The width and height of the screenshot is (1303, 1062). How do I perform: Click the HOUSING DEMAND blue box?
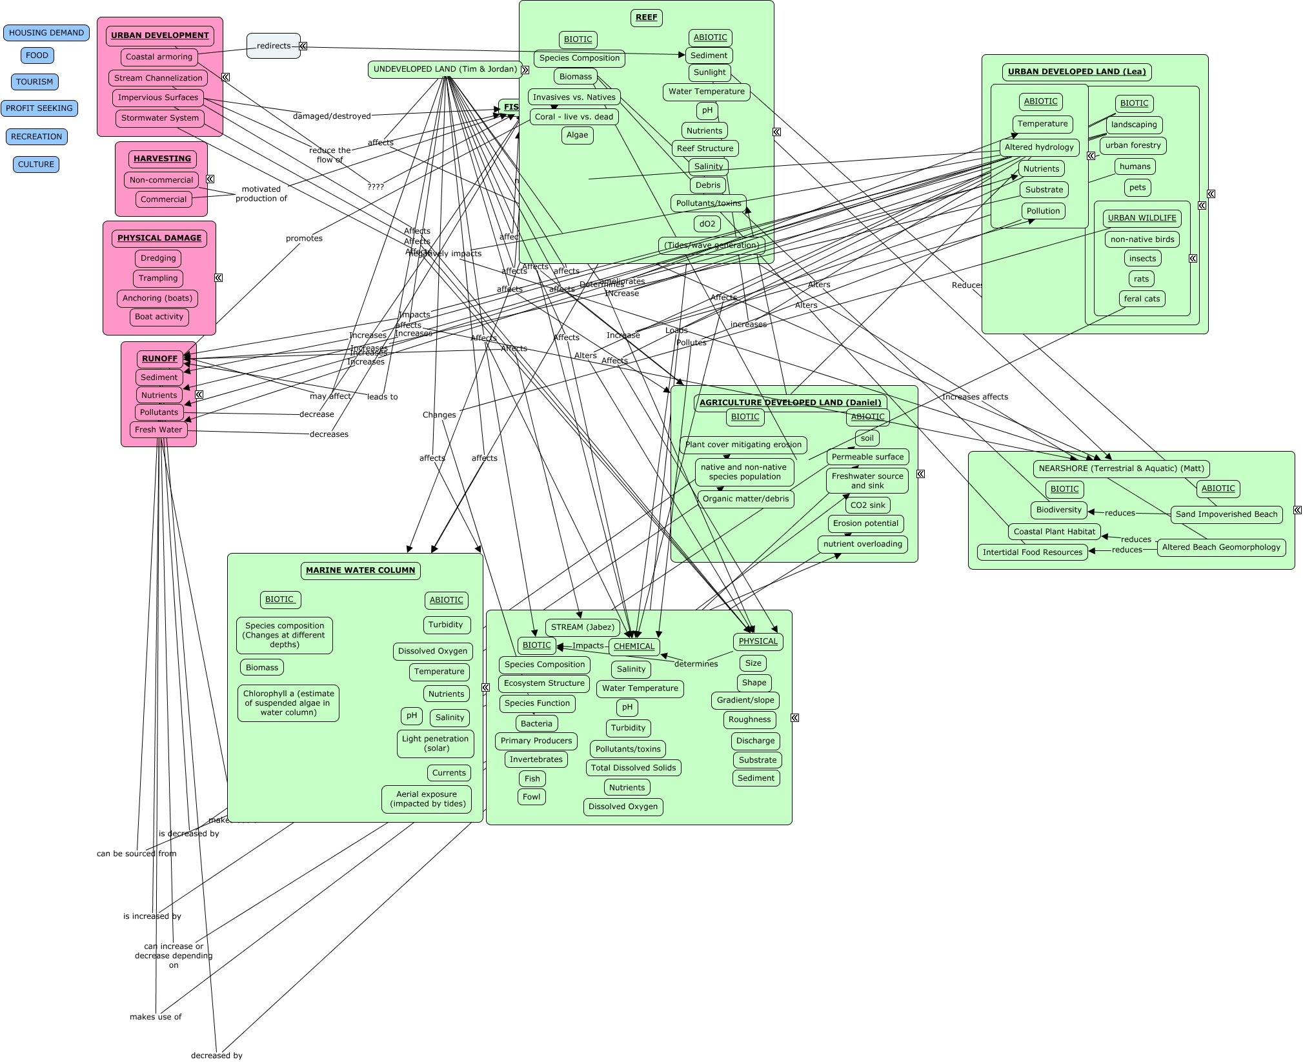[x=46, y=33]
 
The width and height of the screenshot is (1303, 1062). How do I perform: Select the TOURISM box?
[x=35, y=82]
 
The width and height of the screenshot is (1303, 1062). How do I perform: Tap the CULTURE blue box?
[x=36, y=165]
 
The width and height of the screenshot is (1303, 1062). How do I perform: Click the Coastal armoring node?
[x=159, y=57]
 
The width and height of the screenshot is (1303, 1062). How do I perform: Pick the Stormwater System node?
[x=160, y=118]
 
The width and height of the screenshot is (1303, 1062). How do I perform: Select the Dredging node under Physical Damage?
[x=158, y=258]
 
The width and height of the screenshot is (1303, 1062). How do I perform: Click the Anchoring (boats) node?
[x=157, y=298]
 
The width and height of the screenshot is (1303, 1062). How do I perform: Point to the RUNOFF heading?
[x=159, y=359]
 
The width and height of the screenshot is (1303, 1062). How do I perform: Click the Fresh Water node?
[x=158, y=430]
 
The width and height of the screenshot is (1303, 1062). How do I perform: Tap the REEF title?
[x=646, y=17]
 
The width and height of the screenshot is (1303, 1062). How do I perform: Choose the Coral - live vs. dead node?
[x=574, y=117]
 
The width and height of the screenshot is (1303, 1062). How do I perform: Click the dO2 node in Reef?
[x=707, y=224]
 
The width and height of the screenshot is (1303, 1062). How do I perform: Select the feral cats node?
[x=1142, y=299]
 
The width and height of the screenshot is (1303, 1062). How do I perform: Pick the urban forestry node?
[x=1133, y=145]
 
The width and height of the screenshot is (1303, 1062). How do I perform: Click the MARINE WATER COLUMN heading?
[x=360, y=570]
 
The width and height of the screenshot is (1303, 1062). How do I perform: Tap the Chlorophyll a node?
[x=288, y=703]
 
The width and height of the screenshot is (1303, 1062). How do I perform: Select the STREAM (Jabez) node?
[x=583, y=627]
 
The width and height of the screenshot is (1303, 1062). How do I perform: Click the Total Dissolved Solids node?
[x=633, y=768]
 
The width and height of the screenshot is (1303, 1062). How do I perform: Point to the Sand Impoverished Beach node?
[x=1226, y=514]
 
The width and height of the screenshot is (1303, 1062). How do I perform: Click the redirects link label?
[x=274, y=46]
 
